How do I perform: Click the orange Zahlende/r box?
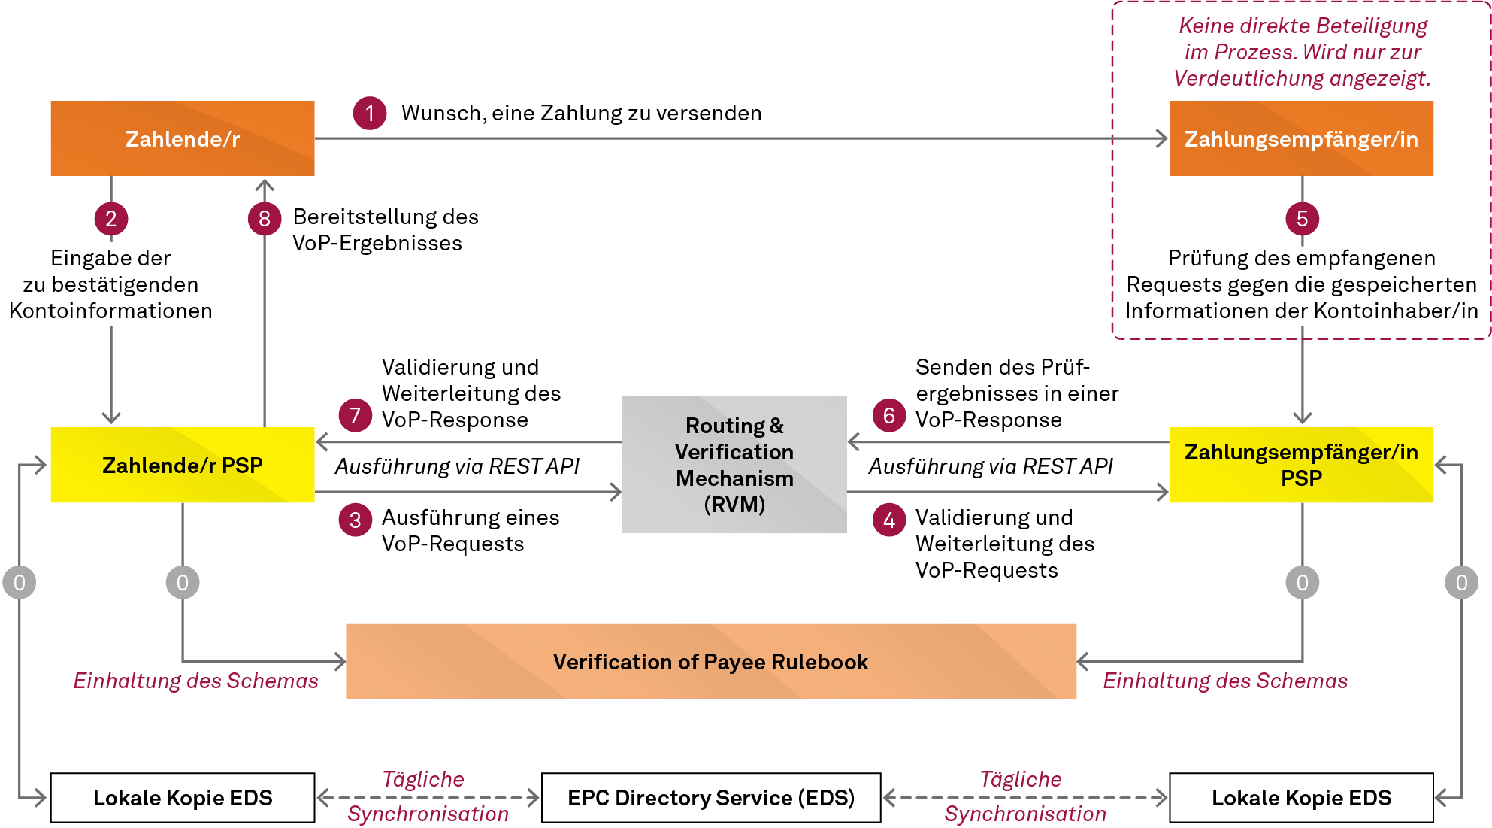point(182,138)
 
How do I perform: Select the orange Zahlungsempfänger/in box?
point(1301,138)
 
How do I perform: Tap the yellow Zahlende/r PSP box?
point(182,465)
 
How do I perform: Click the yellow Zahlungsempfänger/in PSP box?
point(1301,465)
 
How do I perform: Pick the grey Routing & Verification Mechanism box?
point(734,465)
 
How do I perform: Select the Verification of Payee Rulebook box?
point(710,661)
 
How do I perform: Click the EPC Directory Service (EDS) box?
point(710,797)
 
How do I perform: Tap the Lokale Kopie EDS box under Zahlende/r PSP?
point(182,797)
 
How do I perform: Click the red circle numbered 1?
point(370,114)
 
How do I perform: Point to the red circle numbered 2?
point(111,219)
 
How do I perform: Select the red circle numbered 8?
point(265,219)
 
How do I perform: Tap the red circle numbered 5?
point(1302,219)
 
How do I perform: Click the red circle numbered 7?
point(356,415)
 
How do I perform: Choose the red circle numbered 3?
point(356,520)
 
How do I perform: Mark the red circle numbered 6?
point(889,415)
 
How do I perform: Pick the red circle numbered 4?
point(889,520)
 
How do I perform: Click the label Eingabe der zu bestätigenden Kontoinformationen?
point(111,284)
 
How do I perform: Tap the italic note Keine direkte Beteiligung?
point(1302,26)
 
